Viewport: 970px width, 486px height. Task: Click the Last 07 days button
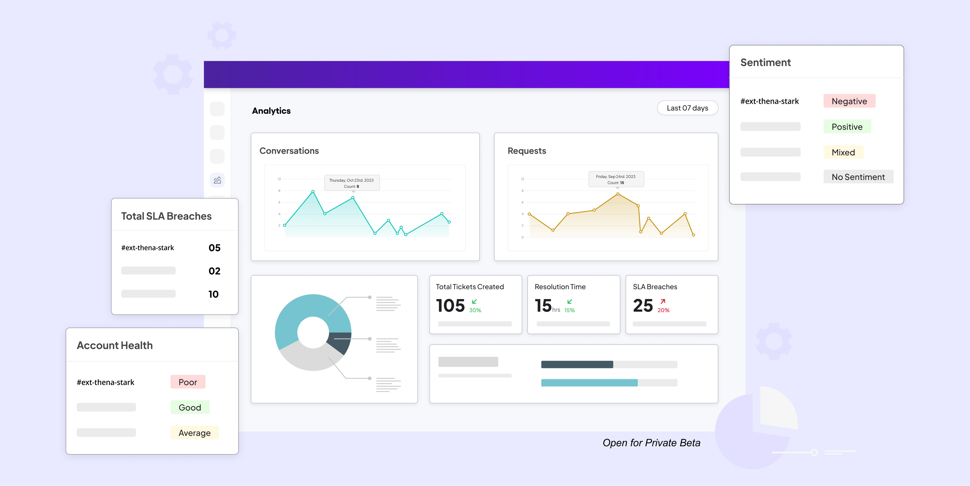coord(687,108)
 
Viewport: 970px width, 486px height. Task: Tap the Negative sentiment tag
coord(849,101)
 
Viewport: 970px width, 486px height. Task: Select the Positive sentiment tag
coord(847,127)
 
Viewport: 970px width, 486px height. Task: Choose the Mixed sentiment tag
coord(843,152)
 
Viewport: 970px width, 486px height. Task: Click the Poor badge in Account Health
coord(188,382)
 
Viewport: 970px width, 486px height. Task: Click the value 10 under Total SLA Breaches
coord(214,294)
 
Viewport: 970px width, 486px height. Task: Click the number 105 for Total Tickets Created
coord(450,305)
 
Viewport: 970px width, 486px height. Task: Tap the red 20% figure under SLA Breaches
coord(663,310)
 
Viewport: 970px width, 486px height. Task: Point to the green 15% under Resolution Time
coord(569,310)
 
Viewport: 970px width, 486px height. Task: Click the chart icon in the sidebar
coord(217,180)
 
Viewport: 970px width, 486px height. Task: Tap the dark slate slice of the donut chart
coord(341,341)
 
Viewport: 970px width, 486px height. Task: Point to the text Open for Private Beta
coord(651,443)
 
